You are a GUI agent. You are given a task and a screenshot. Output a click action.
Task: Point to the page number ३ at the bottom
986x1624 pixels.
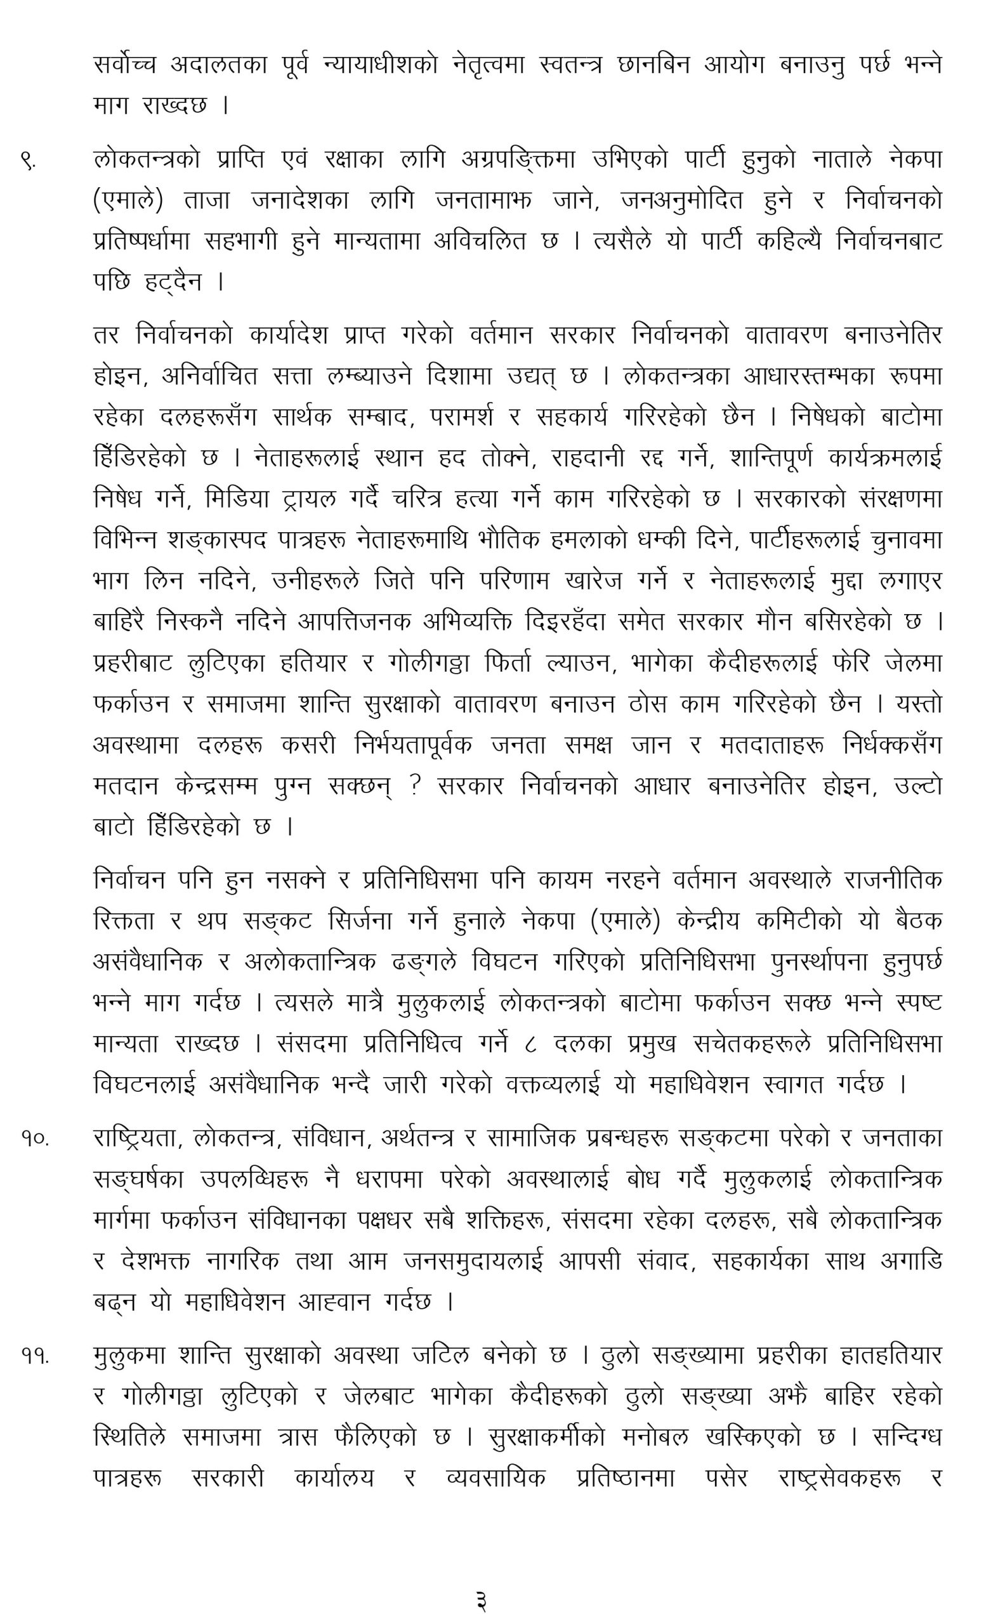481,1600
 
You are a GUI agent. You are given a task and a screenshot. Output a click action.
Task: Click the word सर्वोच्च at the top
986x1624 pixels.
125,65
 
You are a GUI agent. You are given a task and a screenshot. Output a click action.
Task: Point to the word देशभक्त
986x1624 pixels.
155,1262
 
